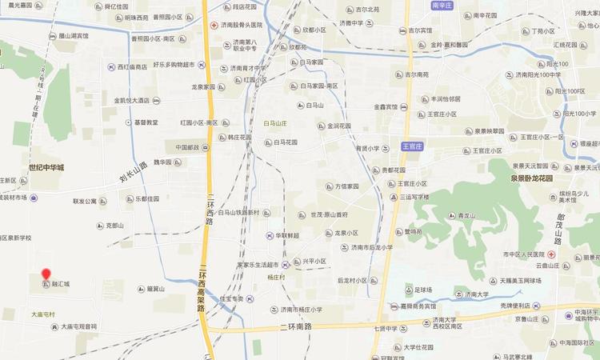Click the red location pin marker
click(46, 274)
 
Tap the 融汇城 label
click(62, 284)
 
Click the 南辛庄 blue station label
click(442, 5)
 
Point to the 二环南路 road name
click(296, 327)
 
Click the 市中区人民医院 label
click(524, 254)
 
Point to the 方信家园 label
click(346, 186)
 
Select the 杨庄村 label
click(277, 276)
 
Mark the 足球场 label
click(423, 290)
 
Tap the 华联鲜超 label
click(287, 236)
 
